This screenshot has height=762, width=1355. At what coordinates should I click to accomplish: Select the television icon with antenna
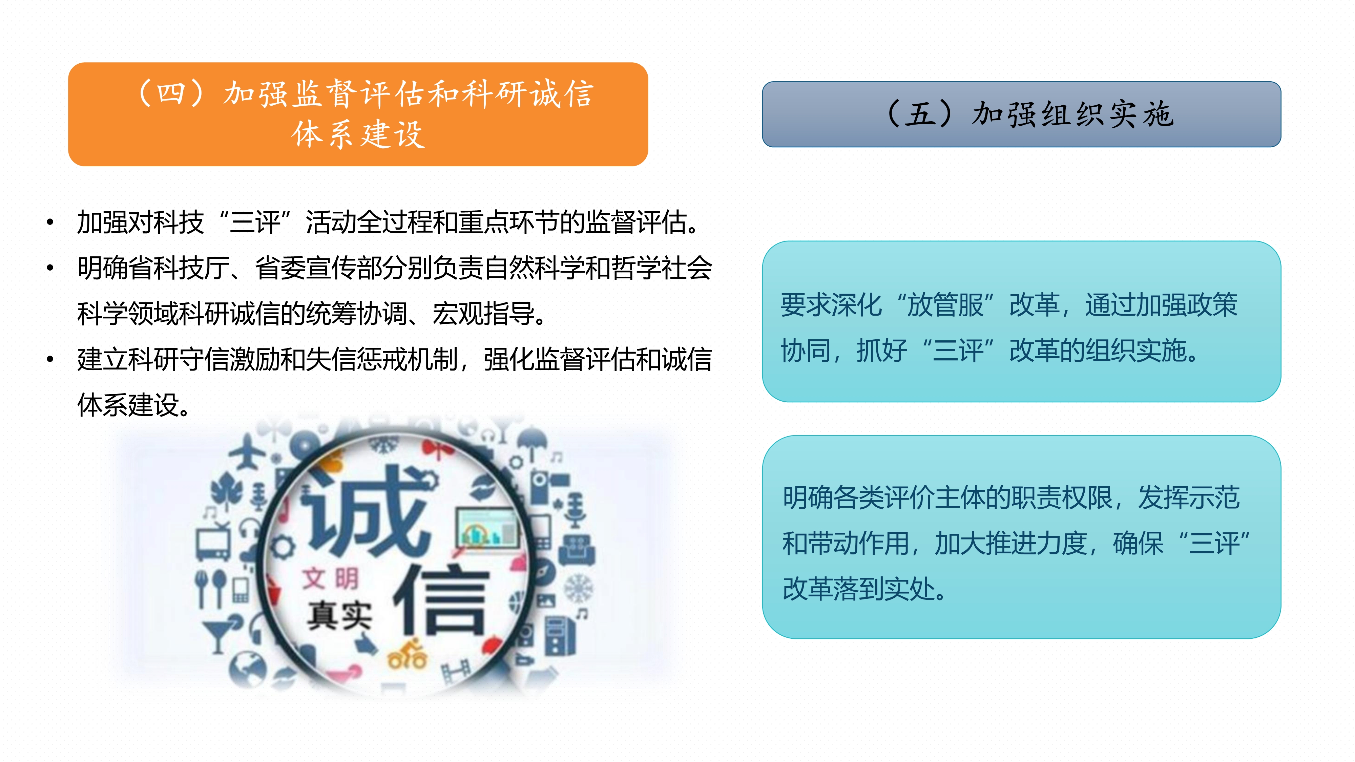(x=213, y=539)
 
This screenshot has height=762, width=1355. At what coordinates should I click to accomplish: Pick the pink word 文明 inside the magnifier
(x=330, y=578)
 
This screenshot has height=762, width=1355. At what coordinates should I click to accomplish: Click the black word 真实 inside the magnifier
(x=340, y=615)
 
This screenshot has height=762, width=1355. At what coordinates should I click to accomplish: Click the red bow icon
(x=438, y=450)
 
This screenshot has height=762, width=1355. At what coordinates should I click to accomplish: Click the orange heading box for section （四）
(x=358, y=114)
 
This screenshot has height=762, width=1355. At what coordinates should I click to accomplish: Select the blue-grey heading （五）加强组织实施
(x=1022, y=114)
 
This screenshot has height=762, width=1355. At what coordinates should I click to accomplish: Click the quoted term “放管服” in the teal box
(x=945, y=305)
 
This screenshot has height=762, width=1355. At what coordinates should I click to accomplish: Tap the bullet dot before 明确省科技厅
(x=50, y=268)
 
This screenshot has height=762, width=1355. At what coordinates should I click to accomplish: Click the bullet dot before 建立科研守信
(x=50, y=360)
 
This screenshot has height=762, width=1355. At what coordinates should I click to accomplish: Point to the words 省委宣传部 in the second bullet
(x=318, y=268)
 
